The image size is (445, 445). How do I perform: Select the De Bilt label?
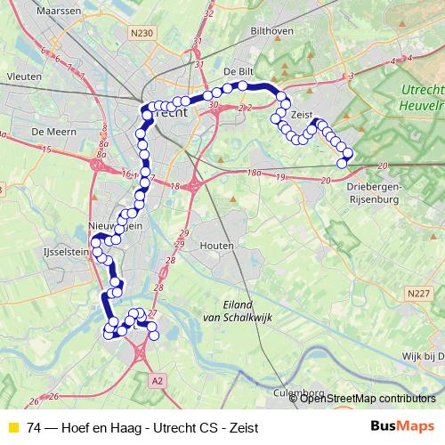[x=239, y=72]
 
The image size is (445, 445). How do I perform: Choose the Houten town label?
[x=218, y=245]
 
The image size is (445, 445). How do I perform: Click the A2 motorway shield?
[x=158, y=380]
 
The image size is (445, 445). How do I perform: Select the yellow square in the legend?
[x=12, y=427]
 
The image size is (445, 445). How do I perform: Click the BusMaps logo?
[x=402, y=427]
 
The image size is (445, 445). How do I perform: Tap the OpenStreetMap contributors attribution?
[x=367, y=399]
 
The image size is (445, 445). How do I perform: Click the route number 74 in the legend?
[x=34, y=427]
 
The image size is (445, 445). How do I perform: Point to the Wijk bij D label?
[x=421, y=356]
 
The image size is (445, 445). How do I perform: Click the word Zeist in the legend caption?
[x=241, y=427]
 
